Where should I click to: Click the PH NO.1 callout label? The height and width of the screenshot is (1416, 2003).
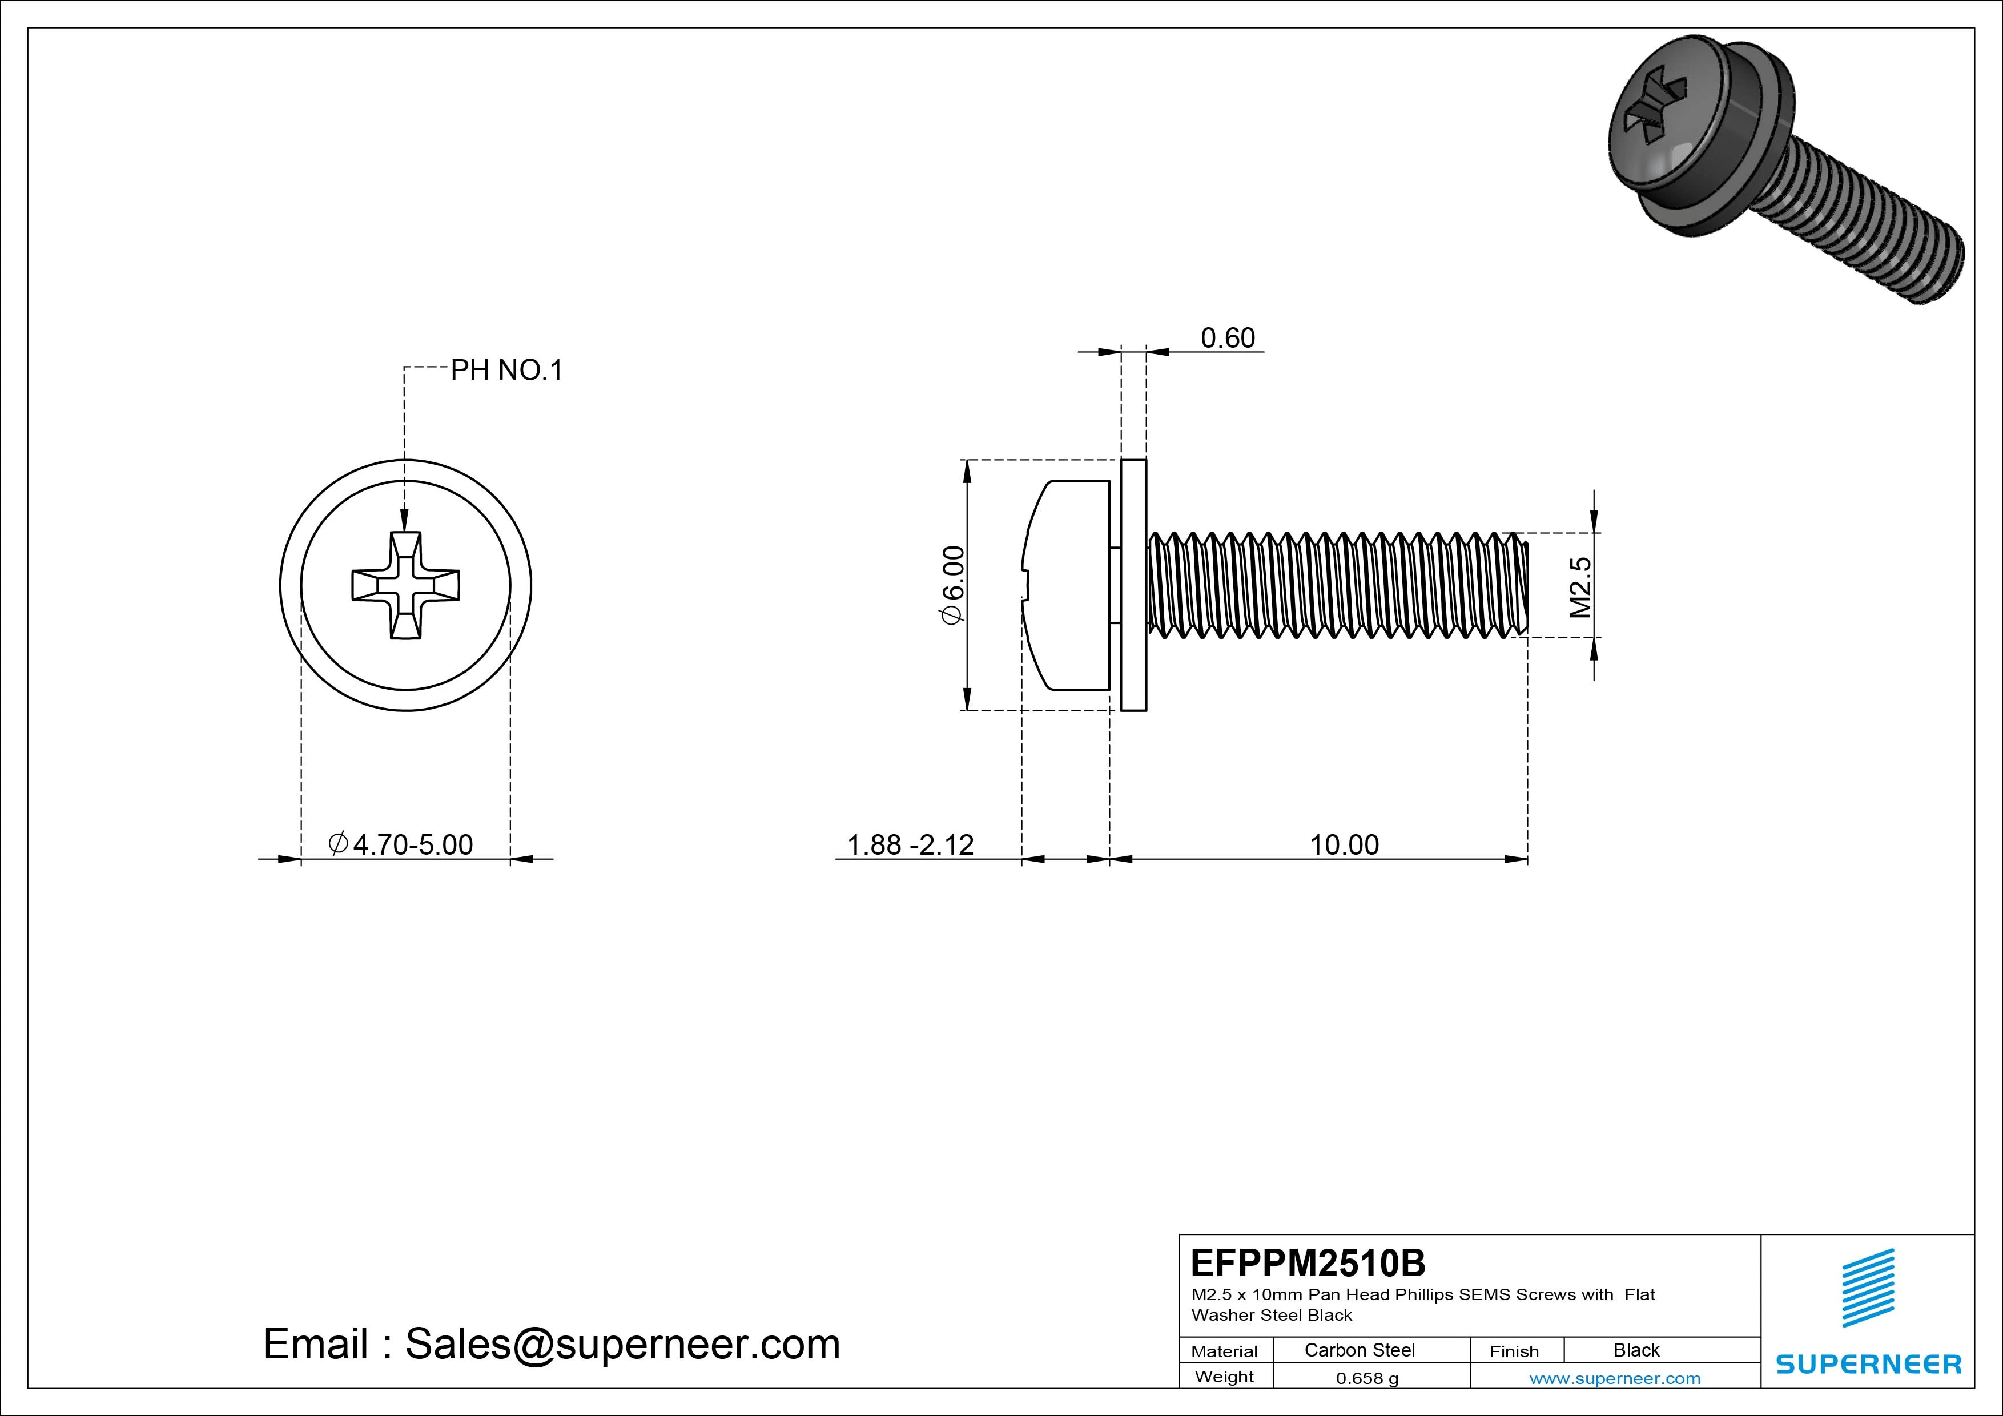(506, 371)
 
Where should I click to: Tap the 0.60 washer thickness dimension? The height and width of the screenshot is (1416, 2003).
(1228, 337)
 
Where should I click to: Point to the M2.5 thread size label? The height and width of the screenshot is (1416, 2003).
(1580, 587)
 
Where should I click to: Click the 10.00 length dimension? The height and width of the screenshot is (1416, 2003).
(1344, 844)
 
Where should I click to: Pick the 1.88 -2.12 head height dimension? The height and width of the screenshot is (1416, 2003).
(910, 844)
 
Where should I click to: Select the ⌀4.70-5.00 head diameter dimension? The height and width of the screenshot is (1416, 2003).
(401, 844)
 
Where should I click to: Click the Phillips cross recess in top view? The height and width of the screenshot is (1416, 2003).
(405, 585)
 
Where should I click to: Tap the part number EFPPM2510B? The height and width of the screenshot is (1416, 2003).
(1308, 1262)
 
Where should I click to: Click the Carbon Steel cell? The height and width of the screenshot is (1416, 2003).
(1359, 1350)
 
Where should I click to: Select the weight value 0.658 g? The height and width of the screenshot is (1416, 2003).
(1367, 1378)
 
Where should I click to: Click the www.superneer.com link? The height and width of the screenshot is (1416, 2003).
(1615, 1378)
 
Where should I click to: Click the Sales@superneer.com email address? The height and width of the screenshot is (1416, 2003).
(622, 1343)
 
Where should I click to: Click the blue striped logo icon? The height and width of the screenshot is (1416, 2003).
(1868, 1288)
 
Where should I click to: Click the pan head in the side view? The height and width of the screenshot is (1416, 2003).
(1069, 585)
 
